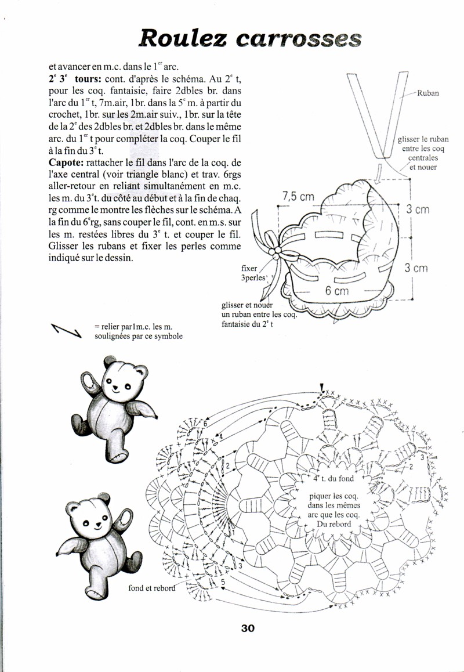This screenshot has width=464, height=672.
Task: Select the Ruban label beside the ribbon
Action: coord(428,93)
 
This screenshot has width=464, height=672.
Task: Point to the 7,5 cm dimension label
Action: coord(298,197)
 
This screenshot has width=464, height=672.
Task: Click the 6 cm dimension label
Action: coord(336,291)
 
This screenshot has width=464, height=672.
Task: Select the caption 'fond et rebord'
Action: coord(151,587)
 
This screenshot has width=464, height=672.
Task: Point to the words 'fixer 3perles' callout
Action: coord(254,273)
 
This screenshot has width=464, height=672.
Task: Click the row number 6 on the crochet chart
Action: coord(205,425)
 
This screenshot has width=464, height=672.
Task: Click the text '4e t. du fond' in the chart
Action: coord(333,479)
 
